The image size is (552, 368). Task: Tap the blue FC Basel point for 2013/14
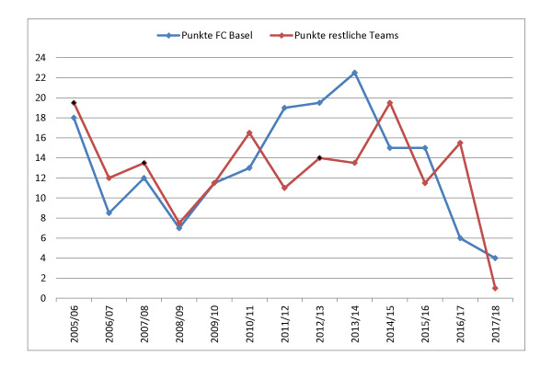click(x=355, y=73)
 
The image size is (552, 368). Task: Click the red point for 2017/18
click(x=495, y=288)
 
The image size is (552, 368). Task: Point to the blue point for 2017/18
click(x=495, y=258)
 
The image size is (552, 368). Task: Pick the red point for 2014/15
click(x=390, y=102)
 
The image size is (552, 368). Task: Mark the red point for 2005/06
click(x=74, y=102)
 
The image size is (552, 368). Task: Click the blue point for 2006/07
click(x=109, y=213)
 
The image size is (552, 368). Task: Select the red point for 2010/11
click(x=249, y=132)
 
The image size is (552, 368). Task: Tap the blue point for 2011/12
click(x=284, y=108)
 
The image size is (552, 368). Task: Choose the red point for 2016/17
click(x=460, y=143)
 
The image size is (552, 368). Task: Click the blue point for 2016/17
click(x=460, y=238)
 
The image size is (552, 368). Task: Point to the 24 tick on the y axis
click(x=40, y=58)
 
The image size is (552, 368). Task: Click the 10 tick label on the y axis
click(x=40, y=198)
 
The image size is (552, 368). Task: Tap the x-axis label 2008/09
click(x=179, y=327)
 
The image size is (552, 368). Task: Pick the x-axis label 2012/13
click(x=320, y=327)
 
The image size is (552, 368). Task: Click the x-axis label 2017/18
click(x=496, y=327)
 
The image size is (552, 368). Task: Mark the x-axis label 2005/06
click(x=75, y=327)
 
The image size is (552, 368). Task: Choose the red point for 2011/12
click(x=284, y=188)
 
